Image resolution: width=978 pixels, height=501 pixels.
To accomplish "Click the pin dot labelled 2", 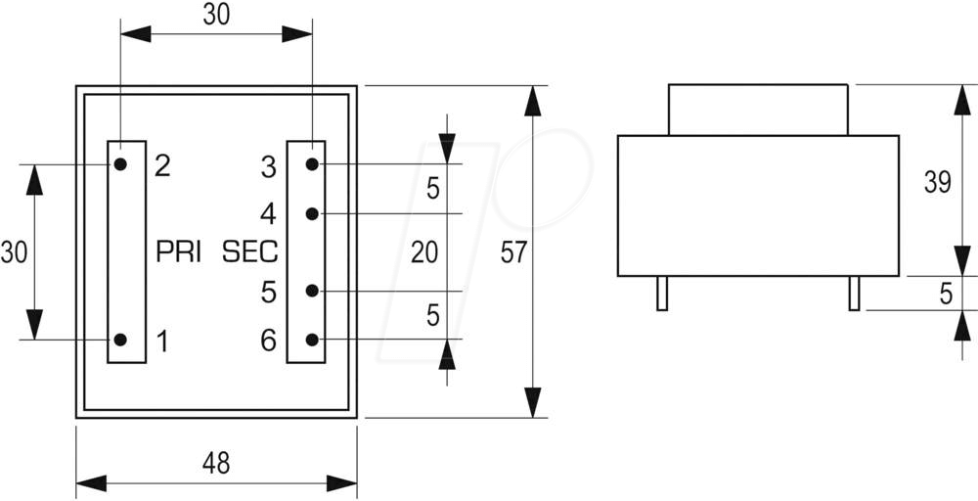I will pyautogui.click(x=119, y=164).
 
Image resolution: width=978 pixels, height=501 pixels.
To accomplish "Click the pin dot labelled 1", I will pyautogui.click(x=119, y=340).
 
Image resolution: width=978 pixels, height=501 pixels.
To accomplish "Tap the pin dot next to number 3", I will pyautogui.click(x=312, y=164).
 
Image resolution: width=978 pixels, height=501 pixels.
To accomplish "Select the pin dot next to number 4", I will pyautogui.click(x=312, y=213).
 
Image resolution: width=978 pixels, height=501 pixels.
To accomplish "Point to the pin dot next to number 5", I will pyautogui.click(x=312, y=291).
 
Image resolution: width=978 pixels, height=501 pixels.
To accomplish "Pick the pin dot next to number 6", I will pyautogui.click(x=312, y=340).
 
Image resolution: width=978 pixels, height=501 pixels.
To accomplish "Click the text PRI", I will pyautogui.click(x=178, y=252).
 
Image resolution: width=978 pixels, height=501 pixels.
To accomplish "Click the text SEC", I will pyautogui.click(x=250, y=252).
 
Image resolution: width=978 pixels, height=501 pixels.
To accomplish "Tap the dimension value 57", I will pyautogui.click(x=513, y=252).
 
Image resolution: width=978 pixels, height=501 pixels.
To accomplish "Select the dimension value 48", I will pyautogui.click(x=216, y=463).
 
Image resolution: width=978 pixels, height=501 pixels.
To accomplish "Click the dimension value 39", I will pyautogui.click(x=937, y=183).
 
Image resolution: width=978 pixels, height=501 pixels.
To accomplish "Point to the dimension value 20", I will pyautogui.click(x=423, y=252).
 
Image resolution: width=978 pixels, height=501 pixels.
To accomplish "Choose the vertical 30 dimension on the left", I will pyautogui.click(x=14, y=252).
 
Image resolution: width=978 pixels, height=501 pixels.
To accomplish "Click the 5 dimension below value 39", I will pyautogui.click(x=946, y=294).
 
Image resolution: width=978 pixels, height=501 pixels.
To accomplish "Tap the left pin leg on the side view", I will pyautogui.click(x=662, y=294).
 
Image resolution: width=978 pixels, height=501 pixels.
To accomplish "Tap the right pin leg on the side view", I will pyautogui.click(x=854, y=294).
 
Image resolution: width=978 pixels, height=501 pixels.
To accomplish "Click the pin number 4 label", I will pyautogui.click(x=268, y=213).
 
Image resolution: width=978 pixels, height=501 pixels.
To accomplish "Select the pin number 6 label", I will pyautogui.click(x=268, y=341).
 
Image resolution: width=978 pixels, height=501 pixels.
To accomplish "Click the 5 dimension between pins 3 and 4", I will pyautogui.click(x=433, y=190).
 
